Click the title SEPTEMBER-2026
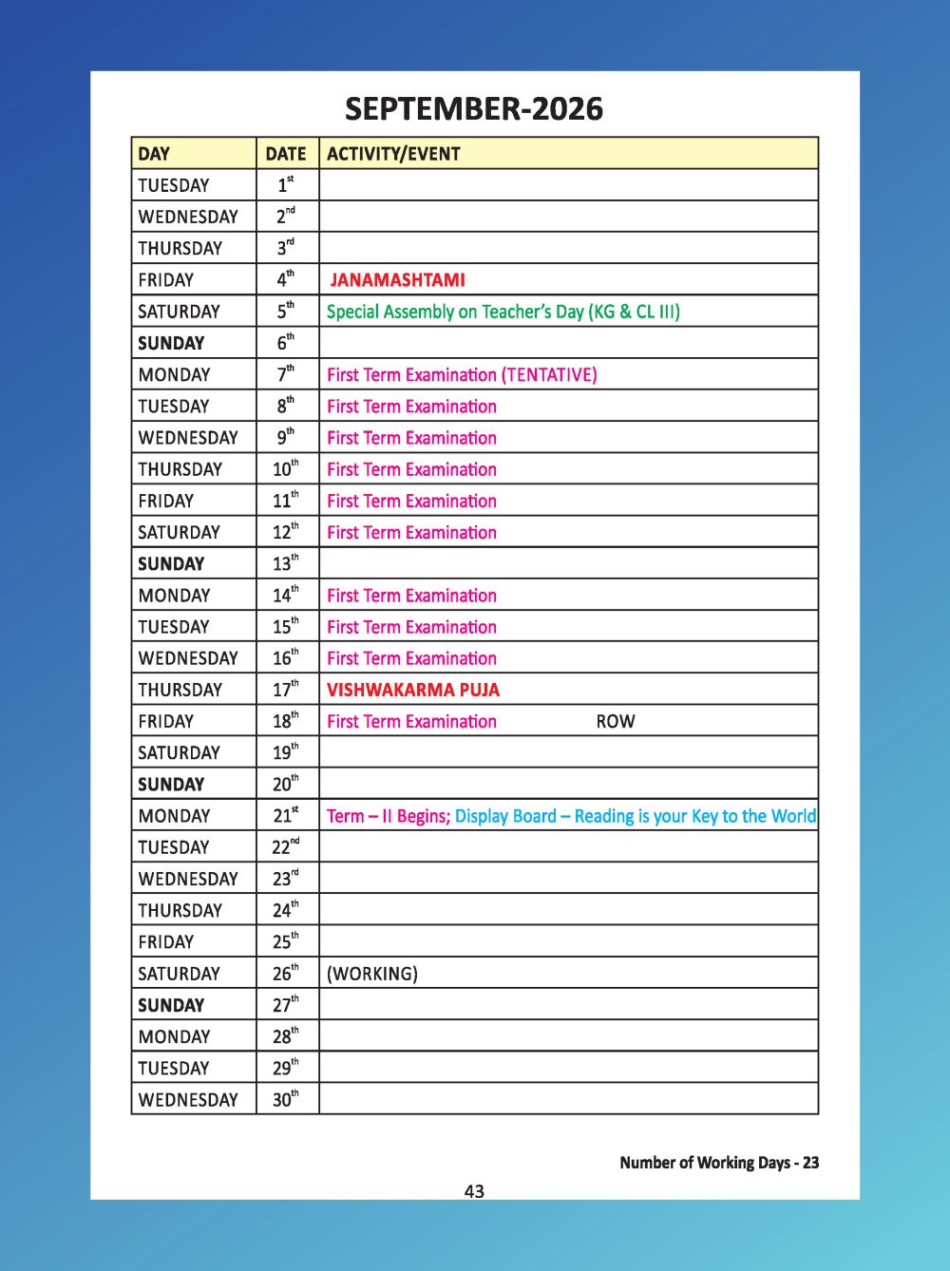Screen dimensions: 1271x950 [473, 109]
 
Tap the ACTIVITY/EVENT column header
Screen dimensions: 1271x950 [392, 154]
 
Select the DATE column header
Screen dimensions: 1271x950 [285, 154]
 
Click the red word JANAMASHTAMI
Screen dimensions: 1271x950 [397, 280]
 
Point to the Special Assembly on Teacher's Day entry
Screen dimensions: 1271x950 [503, 312]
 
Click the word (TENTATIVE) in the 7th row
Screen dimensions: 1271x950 [549, 374]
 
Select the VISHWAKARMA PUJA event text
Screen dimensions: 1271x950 [412, 690]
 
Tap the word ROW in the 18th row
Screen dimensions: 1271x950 [615, 721]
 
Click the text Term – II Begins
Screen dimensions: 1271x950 [388, 816]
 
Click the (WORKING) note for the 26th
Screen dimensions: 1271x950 [371, 974]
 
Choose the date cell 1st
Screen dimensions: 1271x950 [285, 185]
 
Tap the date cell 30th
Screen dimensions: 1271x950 [285, 1099]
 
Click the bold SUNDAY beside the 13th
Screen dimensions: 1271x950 [171, 563]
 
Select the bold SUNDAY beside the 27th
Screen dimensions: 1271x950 [171, 1005]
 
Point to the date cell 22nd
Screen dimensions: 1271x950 [285, 846]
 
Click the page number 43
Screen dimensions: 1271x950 [474, 1191]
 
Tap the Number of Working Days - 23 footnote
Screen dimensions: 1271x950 [718, 1162]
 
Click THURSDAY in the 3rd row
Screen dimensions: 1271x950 [180, 248]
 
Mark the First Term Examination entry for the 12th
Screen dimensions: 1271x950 [411, 532]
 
